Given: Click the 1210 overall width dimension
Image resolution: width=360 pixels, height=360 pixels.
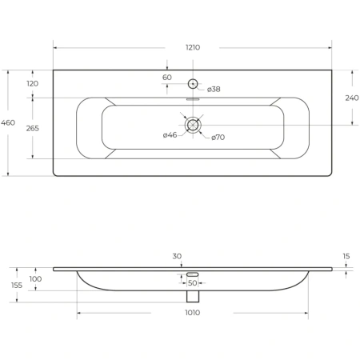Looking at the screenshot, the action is [x=193, y=47].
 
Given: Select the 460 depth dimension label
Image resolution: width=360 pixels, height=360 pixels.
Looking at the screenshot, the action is [x=8, y=123].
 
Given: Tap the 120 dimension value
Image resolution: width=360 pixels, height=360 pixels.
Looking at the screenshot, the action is [x=33, y=84].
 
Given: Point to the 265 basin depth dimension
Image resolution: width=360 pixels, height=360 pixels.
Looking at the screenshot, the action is [x=33, y=129].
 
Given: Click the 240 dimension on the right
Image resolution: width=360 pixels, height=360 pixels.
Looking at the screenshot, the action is [x=352, y=98].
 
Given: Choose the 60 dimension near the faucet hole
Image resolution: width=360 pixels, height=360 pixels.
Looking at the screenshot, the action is [x=167, y=78].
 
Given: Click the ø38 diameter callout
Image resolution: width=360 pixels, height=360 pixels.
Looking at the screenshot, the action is [x=214, y=90].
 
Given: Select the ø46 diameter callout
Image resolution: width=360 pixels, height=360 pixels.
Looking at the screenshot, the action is [x=170, y=135].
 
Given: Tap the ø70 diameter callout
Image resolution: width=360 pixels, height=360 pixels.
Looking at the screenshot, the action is [x=218, y=138].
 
